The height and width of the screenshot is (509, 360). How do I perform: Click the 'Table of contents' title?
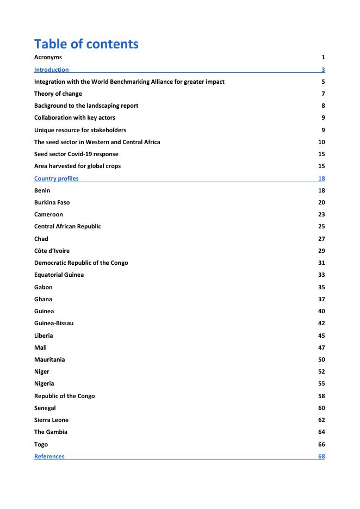(x=86, y=44)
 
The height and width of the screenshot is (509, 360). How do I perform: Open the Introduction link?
(x=52, y=70)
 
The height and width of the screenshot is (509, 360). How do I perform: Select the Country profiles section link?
(x=56, y=178)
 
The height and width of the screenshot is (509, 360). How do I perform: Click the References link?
(x=49, y=456)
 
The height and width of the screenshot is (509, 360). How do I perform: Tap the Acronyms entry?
(x=48, y=57)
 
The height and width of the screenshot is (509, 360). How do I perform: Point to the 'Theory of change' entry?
(x=58, y=94)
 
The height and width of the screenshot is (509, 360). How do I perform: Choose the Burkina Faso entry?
(x=52, y=202)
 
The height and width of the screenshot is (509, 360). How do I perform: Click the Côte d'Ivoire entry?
(x=52, y=251)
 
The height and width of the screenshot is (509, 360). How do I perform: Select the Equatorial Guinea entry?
(x=59, y=275)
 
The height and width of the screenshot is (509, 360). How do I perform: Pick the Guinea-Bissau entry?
(x=54, y=323)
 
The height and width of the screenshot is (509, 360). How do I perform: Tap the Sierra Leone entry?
(x=51, y=420)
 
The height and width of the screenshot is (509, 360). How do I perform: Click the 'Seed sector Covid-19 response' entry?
(x=76, y=154)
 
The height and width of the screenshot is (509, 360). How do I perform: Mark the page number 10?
(x=321, y=142)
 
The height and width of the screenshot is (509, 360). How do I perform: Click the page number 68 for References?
(x=321, y=456)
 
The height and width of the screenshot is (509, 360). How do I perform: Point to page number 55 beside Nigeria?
(x=321, y=383)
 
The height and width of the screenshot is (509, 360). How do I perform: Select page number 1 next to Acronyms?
(x=323, y=57)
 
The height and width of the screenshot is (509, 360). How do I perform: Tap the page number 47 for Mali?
(x=321, y=347)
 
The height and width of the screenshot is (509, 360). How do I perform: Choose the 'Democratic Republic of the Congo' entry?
(x=81, y=263)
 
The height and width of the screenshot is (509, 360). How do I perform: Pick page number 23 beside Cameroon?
(x=321, y=214)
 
